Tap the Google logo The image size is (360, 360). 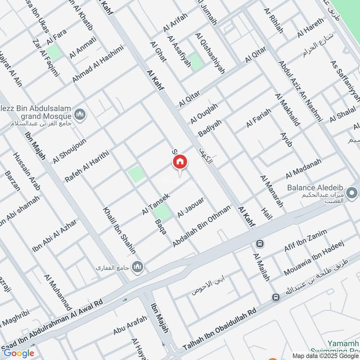pos(18,353)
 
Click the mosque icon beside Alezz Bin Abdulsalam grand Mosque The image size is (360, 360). pos(81,115)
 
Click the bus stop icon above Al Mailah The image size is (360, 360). pos(260,243)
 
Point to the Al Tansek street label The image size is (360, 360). pos(155,204)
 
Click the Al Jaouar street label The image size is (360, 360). pos(191,207)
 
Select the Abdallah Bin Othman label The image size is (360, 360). pos(202,226)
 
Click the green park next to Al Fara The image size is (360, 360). pos(54,52)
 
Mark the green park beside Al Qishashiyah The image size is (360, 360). pos(196,62)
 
